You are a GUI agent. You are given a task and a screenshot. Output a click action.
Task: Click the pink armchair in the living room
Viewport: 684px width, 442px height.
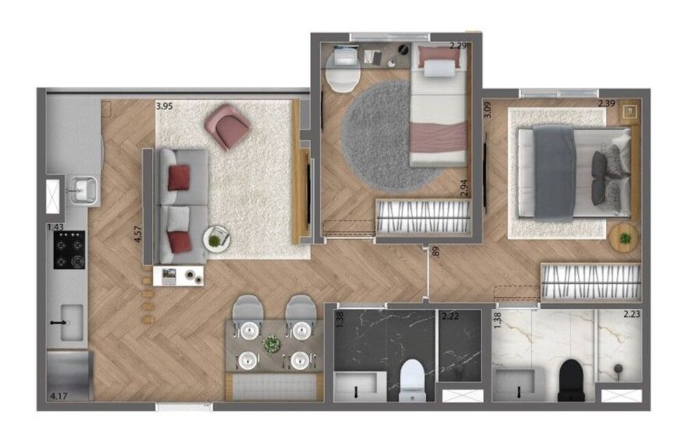[227, 126]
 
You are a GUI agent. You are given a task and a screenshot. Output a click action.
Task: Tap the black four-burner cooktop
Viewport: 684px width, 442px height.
[70, 249]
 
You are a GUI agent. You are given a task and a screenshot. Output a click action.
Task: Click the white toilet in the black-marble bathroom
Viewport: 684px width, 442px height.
[412, 378]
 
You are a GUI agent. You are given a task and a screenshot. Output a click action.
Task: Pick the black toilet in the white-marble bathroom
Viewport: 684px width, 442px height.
[570, 379]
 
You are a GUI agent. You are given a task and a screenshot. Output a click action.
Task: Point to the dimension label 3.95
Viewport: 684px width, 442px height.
[164, 106]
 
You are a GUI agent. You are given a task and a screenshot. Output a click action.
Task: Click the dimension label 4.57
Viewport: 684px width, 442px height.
[138, 230]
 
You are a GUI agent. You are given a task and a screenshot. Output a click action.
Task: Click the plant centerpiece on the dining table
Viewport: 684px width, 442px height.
[272, 344]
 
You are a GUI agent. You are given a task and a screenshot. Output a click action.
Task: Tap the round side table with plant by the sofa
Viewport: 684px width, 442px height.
[216, 239]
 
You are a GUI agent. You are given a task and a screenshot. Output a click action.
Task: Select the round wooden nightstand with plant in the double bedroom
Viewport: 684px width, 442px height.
[624, 238]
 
